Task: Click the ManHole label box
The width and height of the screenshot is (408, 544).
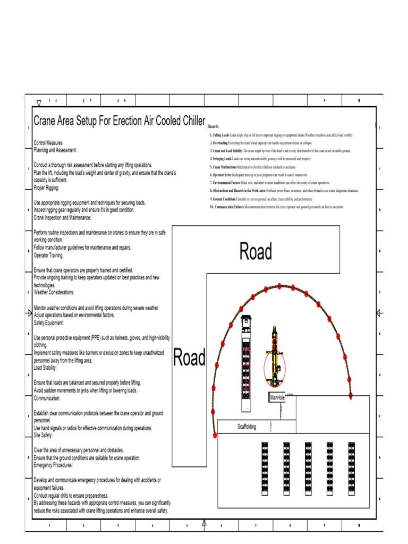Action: coord(277,397)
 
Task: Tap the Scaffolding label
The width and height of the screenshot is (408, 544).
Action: coord(246,427)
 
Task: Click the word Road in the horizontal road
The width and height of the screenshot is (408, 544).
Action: coord(256,251)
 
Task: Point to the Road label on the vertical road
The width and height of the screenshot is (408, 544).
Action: coord(190,358)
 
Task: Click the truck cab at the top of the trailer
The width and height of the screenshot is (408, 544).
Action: coord(245,323)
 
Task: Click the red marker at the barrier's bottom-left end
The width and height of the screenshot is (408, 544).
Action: coord(215,435)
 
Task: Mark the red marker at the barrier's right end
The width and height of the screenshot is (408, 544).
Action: coord(351,395)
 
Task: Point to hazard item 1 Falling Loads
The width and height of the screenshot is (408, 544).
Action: coord(281,135)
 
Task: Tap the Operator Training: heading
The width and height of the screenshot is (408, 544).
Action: coord(48,255)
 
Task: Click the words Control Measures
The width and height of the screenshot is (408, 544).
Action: coord(48,143)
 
